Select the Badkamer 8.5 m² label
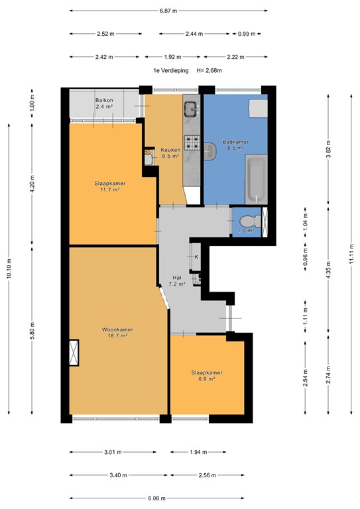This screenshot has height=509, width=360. pos(235,145)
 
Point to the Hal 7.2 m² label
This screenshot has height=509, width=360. pos(177,281)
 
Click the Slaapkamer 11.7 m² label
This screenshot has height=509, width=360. pos(109,187)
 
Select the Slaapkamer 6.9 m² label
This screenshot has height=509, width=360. pos(207,375)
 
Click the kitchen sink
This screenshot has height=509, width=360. pos(191,108)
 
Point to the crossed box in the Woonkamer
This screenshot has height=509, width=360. pos(74,352)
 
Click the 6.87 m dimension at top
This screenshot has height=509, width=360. pos(168,11)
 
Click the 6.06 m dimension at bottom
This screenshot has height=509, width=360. pos(158,498)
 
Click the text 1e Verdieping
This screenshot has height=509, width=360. pos(170,70)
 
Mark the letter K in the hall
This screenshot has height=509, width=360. pos(196,256)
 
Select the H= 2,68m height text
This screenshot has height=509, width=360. pos(209,70)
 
